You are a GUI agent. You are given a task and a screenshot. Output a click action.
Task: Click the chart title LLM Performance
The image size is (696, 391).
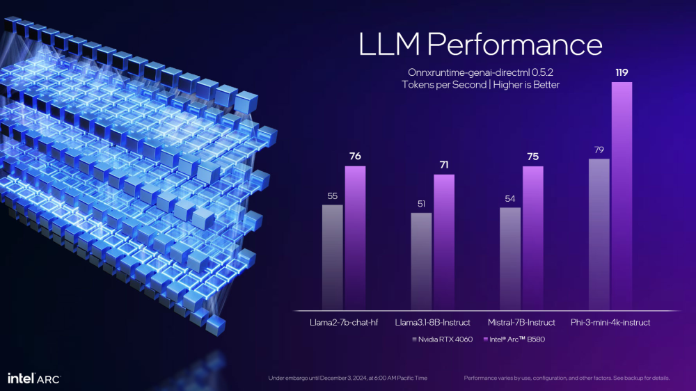[480, 44]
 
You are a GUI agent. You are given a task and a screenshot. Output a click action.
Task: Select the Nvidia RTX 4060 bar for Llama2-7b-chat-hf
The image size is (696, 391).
[333, 257]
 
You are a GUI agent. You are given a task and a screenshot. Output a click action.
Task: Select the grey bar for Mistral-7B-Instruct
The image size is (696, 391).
[510, 259]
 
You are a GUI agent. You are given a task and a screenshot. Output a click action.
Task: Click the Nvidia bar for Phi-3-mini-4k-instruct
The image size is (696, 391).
[599, 234]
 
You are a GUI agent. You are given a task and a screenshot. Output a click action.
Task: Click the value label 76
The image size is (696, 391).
[355, 157]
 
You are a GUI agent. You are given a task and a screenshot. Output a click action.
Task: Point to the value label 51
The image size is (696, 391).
[421, 204]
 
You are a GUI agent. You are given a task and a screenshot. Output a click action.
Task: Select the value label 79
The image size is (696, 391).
[599, 150]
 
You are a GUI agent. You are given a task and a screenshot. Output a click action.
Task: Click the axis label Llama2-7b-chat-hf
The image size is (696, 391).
[344, 322]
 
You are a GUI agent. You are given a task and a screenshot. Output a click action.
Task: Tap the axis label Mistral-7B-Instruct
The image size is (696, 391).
[521, 322]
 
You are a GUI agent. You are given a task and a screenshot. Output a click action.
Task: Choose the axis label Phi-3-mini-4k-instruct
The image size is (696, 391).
[610, 322]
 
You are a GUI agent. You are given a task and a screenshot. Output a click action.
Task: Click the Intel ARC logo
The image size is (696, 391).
[33, 378]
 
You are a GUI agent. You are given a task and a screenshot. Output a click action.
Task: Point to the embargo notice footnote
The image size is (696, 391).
[347, 378]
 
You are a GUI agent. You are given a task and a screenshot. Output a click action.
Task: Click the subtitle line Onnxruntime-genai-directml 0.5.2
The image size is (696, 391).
[480, 72]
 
